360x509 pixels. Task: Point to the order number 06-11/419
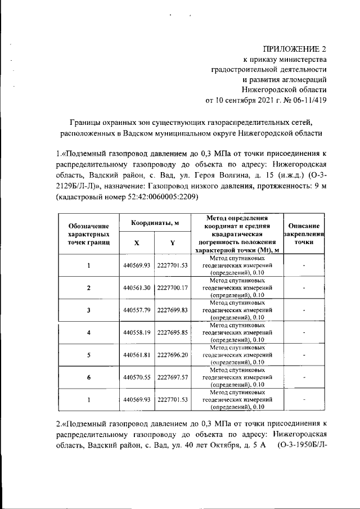pos(308,101)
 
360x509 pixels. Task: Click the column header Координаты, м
pos(155,223)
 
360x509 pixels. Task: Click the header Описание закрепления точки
pos(304,233)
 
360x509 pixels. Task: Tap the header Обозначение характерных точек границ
pos(88,233)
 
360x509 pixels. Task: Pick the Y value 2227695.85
pos(172,332)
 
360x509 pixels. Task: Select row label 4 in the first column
pos(88,332)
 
